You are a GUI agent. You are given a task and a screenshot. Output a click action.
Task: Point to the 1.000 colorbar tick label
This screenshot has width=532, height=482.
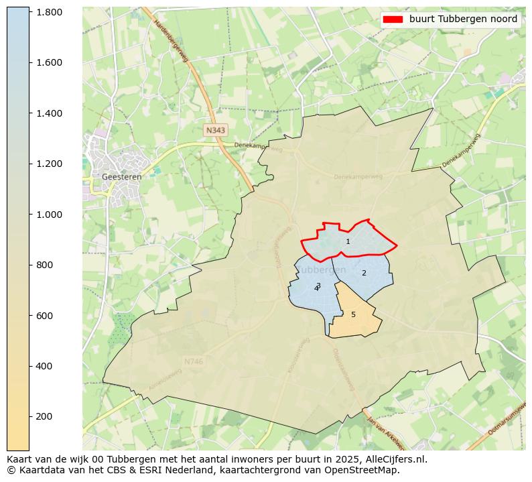[x=49, y=215]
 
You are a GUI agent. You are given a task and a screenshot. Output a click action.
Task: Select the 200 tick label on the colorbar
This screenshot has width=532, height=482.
[x=44, y=416]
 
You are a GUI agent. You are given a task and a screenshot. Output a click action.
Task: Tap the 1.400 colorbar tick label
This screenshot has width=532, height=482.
[x=49, y=113]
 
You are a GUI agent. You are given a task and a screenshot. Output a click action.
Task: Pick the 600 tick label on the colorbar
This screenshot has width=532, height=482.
[x=44, y=316]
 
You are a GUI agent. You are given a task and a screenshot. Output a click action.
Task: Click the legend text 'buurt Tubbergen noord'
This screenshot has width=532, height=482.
[x=463, y=19]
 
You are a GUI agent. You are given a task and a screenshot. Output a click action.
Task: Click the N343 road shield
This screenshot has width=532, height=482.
[x=216, y=130]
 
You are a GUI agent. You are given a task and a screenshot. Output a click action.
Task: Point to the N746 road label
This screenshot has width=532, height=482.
[x=193, y=362]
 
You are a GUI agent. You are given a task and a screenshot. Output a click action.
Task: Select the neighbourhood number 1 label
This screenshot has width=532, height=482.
[x=348, y=242]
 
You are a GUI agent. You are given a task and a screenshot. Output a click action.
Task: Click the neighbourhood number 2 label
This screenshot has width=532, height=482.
[x=364, y=274]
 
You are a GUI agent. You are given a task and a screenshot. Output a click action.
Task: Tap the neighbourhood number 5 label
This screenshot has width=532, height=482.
[x=353, y=315]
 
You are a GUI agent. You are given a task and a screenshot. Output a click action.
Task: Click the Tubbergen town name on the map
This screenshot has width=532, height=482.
[x=321, y=269]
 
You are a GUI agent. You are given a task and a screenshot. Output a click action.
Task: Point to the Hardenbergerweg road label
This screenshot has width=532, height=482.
[x=171, y=41]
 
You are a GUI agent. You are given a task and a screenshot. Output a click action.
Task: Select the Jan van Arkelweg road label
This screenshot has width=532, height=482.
[x=385, y=432]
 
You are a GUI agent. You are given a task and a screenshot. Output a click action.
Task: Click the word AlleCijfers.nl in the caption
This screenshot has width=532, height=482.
[x=393, y=460]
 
